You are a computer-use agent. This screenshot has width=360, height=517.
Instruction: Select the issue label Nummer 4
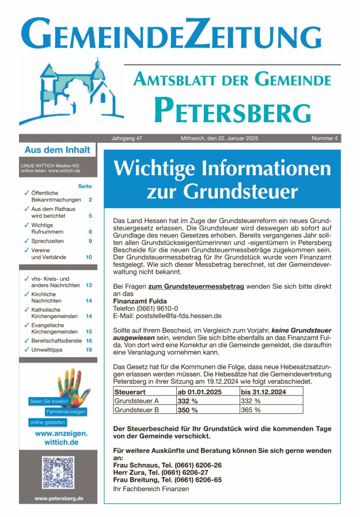325,138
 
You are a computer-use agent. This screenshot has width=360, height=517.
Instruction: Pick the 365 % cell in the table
251,410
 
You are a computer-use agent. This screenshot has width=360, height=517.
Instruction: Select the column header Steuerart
129,392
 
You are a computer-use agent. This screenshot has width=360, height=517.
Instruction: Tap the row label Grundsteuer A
137,401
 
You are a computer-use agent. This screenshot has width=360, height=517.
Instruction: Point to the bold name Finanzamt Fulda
140,301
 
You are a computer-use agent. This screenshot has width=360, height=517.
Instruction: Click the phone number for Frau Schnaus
192,465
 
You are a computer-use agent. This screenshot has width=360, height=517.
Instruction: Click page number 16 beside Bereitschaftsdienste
89,341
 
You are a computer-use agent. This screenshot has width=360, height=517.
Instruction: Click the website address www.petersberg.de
58,499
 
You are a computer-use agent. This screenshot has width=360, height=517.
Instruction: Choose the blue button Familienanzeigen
66,412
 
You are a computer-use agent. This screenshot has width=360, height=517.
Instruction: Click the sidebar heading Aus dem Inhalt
57,150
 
